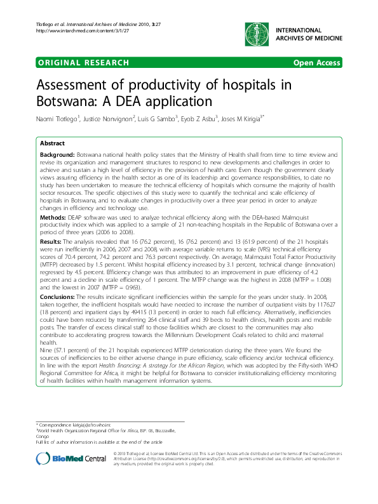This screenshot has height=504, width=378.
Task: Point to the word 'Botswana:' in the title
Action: (62, 100)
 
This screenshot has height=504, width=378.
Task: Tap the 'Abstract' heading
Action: (53, 144)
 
